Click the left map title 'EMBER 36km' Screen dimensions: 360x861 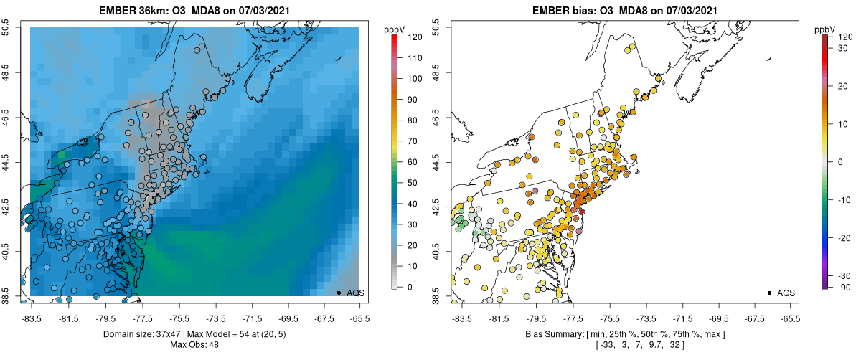point(136,11)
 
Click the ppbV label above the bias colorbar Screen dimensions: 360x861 point(825,29)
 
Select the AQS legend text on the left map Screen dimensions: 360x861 point(356,293)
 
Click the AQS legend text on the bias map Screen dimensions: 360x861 point(786,293)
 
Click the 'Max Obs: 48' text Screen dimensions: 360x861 point(194,345)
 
